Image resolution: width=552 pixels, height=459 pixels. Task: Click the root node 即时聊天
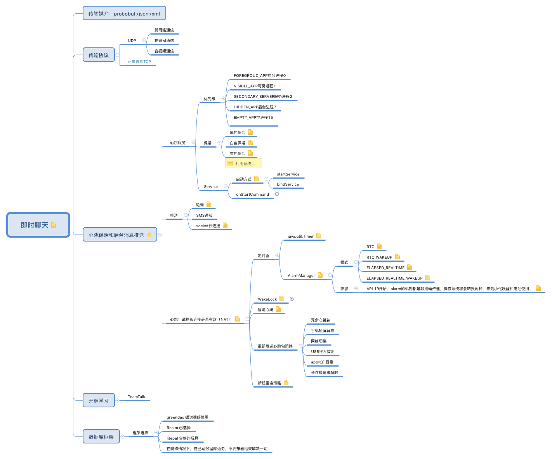click(38, 225)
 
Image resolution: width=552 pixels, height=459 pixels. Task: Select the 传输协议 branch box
click(99, 55)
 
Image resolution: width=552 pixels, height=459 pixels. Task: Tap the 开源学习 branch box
click(99, 401)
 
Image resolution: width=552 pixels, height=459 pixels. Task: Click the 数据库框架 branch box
click(101, 437)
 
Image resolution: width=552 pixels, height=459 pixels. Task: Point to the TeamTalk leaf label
click(137, 397)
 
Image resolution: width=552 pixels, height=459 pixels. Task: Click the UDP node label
click(132, 41)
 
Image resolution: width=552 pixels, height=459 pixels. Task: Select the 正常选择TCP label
click(139, 62)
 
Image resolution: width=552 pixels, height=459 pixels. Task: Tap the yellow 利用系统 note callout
click(243, 163)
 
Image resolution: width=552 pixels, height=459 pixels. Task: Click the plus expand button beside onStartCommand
click(277, 194)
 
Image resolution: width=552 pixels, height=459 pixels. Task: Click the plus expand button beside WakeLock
click(292, 299)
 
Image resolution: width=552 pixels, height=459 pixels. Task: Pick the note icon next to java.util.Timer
click(319, 236)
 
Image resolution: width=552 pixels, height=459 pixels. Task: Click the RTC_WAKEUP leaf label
click(379, 257)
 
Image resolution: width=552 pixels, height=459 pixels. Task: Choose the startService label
click(288, 174)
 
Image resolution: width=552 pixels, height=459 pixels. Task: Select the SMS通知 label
click(204, 216)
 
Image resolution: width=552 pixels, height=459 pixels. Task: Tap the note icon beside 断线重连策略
click(286, 382)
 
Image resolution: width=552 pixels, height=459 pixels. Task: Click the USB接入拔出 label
click(323, 352)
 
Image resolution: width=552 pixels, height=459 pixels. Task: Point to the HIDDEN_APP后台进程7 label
click(255, 107)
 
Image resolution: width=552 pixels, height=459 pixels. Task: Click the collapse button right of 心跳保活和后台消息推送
click(160, 235)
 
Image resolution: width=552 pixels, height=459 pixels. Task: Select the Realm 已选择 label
click(179, 428)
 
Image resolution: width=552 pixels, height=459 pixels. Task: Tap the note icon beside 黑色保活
click(250, 132)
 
